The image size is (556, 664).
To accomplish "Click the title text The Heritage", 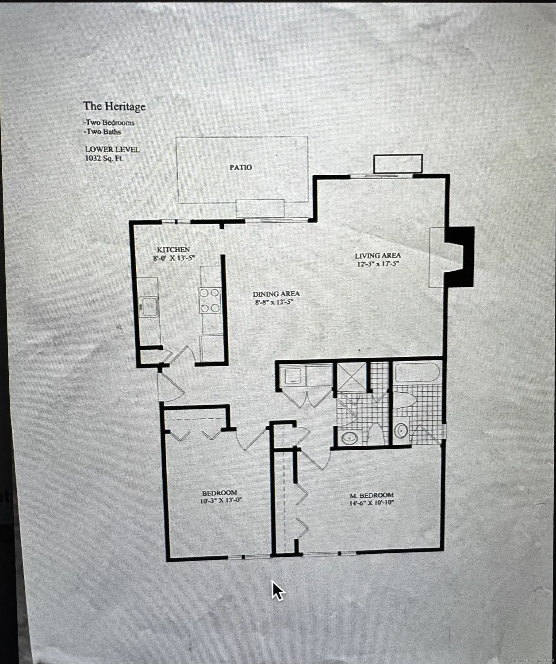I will point(114,106).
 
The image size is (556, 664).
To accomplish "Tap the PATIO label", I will point(241,167).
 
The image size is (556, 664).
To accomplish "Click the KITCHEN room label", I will point(173,250).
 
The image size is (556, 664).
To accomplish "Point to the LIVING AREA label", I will point(378,255).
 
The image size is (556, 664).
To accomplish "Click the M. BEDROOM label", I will point(372,495).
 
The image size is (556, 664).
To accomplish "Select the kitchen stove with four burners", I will point(210,300).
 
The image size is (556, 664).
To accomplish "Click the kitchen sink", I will point(148,307).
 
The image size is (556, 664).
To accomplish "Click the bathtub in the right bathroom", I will point(417,373).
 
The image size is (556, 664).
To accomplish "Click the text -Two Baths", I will point(103,131).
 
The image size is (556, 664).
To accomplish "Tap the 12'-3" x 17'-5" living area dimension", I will point(378,264).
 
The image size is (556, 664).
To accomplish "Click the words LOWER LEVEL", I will point(112,150).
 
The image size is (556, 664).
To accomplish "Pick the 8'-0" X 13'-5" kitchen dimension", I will point(173,259).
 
